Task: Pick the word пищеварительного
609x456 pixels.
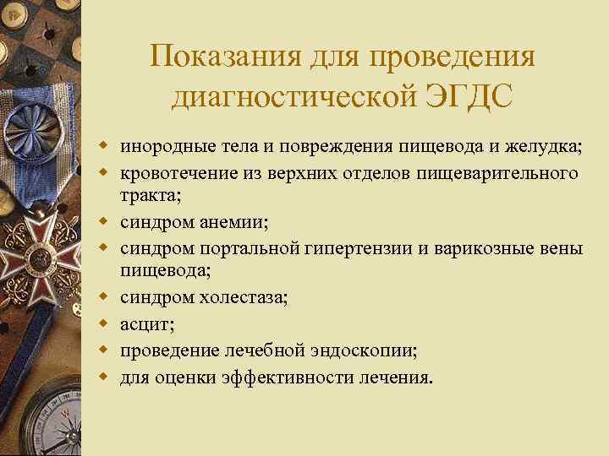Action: [507, 173]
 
